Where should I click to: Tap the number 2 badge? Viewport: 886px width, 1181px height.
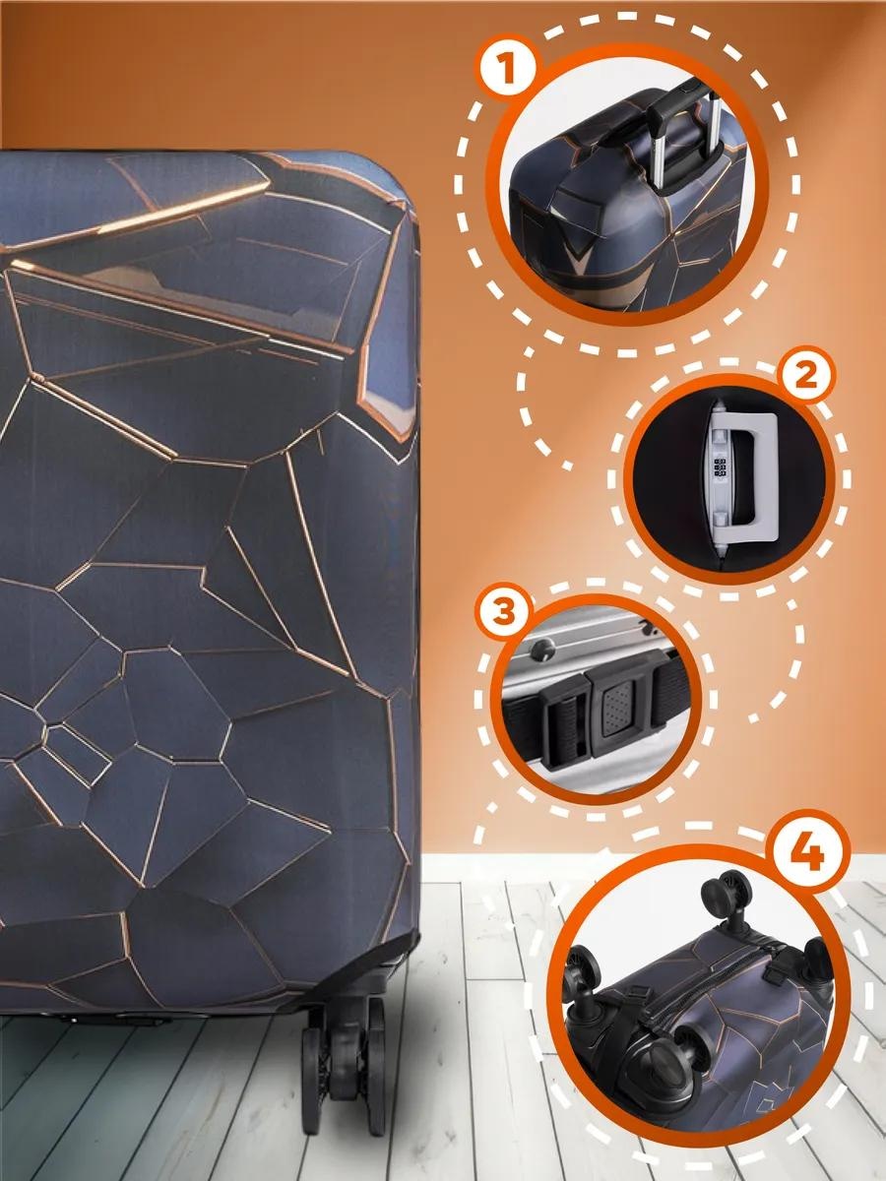pyautogui.click(x=805, y=377)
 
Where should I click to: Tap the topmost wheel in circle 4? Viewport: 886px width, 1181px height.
pyautogui.click(x=727, y=891)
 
